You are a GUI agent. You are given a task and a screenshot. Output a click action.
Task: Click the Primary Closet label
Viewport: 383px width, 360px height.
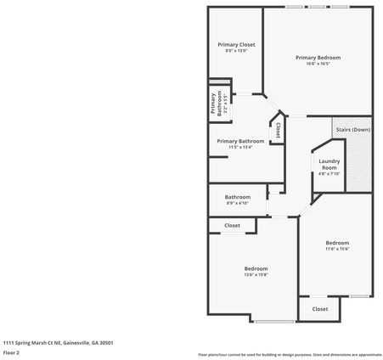click(236, 44)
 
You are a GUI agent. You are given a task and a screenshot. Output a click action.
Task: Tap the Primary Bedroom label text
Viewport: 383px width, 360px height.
click(318, 57)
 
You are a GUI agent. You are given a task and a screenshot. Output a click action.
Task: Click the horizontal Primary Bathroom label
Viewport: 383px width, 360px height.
click(240, 141)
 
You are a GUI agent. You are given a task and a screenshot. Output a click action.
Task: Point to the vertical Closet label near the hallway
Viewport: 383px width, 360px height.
click(278, 129)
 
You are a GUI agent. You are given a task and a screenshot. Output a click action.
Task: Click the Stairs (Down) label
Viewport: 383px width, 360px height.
click(352, 130)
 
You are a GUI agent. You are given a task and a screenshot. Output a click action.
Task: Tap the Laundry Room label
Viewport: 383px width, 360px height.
click(329, 164)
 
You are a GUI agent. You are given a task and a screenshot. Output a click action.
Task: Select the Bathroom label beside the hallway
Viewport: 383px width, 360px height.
click(238, 197)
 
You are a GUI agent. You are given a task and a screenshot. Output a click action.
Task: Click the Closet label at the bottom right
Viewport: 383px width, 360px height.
click(320, 309)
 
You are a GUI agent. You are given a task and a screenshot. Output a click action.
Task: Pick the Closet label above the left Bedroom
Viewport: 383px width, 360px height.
click(232, 226)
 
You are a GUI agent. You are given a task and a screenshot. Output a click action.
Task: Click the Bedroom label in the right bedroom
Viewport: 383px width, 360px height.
click(337, 243)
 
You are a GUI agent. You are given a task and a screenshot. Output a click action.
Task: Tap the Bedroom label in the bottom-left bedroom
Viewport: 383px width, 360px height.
click(256, 268)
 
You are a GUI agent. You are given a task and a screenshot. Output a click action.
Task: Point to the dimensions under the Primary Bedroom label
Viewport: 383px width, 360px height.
click(318, 64)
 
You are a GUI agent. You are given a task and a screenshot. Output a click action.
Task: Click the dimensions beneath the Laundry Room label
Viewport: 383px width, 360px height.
click(329, 174)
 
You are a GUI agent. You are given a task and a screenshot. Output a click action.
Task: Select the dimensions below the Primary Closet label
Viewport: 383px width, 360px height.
click(236, 51)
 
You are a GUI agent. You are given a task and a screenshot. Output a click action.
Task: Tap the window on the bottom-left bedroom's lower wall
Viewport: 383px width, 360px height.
click(274, 322)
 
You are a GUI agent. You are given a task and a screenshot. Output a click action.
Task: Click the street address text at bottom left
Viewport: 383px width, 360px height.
click(58, 343)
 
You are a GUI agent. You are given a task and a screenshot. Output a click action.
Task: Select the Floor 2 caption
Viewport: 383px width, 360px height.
click(11, 352)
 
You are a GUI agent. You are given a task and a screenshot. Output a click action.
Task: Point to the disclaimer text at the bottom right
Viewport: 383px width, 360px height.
click(290, 354)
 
